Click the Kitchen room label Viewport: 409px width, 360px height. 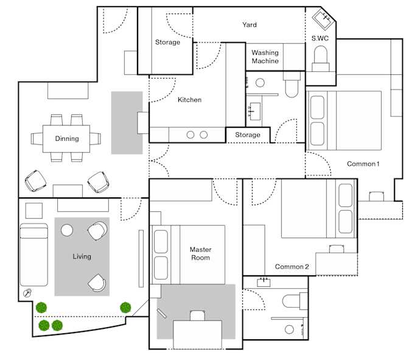point(190,100)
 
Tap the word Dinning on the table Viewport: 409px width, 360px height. point(67,138)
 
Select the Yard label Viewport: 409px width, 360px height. point(250,25)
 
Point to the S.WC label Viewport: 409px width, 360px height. point(320,38)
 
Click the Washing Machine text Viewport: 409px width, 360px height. point(265,57)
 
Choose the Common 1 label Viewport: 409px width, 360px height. point(363,164)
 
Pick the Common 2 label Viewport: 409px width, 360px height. point(292,267)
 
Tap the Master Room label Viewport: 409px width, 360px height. point(200,253)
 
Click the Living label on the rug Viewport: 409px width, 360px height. point(82,256)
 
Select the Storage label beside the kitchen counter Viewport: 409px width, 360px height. point(248,135)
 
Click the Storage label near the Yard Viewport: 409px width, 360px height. point(167,42)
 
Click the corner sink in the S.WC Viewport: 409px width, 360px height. point(323,19)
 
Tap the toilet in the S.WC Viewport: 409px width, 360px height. point(321,58)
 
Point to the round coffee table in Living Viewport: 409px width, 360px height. point(67,230)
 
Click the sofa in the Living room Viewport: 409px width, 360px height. point(34,255)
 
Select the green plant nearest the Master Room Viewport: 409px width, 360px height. point(125,308)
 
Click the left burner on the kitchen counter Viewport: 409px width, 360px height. point(191,135)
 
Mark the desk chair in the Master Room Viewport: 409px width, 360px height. point(197,316)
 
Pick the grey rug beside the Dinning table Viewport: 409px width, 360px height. point(127,122)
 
